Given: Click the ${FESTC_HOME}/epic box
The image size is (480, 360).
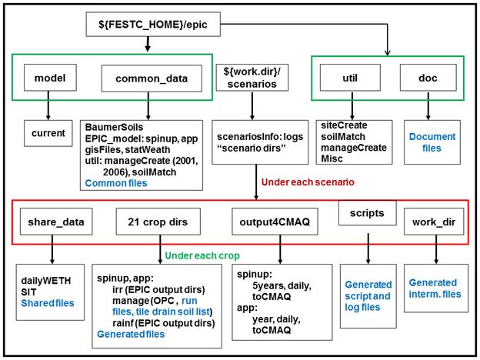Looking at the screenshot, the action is [153, 24].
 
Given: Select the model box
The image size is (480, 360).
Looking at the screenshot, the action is [50, 78].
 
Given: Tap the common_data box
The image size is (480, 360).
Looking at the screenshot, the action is [152, 78].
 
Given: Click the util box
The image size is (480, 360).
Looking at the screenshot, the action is [350, 78].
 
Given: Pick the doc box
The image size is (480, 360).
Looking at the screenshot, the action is [428, 78].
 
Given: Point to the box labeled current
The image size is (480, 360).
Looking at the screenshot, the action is [48, 133].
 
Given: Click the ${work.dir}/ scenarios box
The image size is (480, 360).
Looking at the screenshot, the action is [252, 78].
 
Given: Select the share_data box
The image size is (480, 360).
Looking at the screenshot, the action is [56, 222].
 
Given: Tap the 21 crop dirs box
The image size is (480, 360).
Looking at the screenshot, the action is [158, 222].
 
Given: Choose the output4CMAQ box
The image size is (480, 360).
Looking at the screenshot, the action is [275, 222].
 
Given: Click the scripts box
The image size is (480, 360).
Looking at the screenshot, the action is [368, 213].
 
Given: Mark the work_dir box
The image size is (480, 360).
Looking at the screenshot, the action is [434, 222].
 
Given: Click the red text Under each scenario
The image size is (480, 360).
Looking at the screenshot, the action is [308, 182].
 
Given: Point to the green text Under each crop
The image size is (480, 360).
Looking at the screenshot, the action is [202, 255].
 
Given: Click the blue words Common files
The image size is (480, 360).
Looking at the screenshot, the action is [116, 183].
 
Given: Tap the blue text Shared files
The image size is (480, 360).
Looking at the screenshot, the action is [48, 303].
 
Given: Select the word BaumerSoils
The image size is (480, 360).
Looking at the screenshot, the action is [114, 127].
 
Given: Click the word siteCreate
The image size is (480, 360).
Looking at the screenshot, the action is [344, 125].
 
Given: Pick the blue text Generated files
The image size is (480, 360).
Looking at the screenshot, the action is [131, 334].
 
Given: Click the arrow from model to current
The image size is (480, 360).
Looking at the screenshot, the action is [48, 105].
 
